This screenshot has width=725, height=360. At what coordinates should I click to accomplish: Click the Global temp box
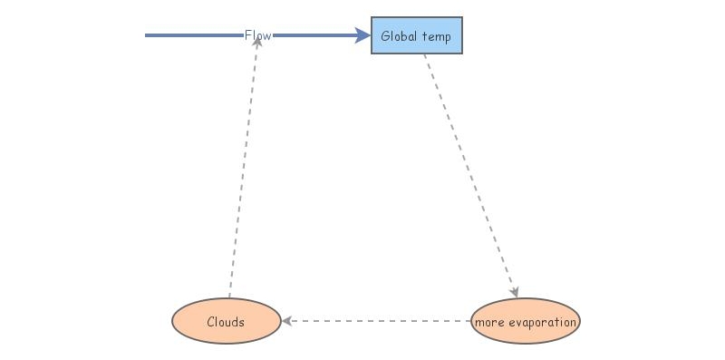416,35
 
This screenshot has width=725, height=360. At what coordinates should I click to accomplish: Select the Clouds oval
226,321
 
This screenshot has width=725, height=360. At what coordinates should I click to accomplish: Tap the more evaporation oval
525,321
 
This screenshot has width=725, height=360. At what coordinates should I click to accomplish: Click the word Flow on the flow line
257,35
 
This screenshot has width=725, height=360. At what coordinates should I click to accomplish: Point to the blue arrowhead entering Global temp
362,35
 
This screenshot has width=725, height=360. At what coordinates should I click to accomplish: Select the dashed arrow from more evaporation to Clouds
376,321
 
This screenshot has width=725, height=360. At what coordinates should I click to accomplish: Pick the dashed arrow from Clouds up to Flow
243,172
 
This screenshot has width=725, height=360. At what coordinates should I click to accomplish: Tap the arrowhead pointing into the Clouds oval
286,321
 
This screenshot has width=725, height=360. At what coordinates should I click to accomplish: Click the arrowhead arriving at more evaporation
514,291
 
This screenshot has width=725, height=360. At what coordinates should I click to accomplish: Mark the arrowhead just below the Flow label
257,43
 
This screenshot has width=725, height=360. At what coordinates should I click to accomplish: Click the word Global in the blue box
400,36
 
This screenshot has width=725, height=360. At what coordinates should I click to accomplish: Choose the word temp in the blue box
436,37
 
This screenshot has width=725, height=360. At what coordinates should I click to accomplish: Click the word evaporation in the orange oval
541,322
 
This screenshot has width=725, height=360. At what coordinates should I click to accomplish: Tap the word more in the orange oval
488,322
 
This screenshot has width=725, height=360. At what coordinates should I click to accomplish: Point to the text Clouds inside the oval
226,322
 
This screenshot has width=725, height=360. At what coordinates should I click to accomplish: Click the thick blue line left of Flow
194,35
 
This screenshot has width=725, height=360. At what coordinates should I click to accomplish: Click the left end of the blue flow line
147,35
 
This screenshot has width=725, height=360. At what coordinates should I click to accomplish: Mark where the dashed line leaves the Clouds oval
229,297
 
